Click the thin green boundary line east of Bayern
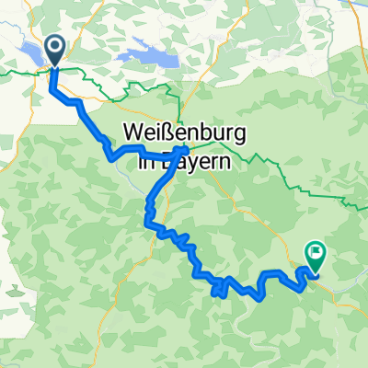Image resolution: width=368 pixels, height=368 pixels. [x=276, y=166]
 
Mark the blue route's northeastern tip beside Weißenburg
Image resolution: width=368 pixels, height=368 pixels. [x=188, y=148]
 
